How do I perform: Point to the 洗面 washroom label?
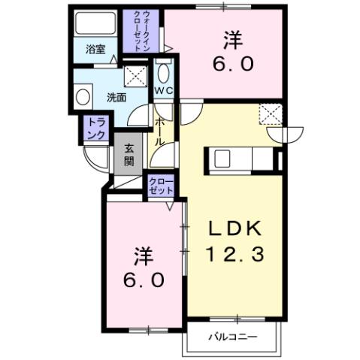(115, 96)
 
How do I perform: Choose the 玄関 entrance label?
(128, 155)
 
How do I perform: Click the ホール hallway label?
(160, 132)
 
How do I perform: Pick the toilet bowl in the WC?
(164, 73)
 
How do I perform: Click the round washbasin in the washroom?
(83, 96)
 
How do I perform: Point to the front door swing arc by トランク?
(94, 159)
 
